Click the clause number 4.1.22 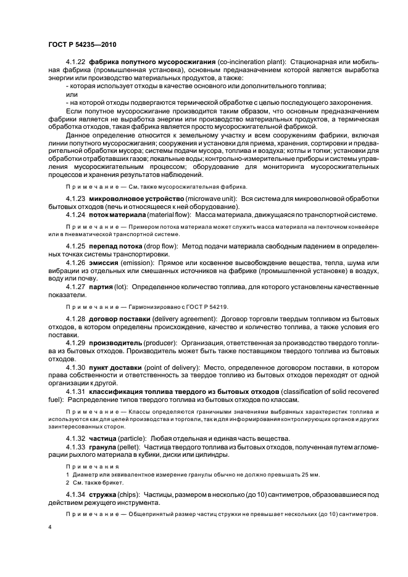coord(76,63)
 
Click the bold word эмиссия coord(106,263)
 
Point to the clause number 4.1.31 coord(76,391)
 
